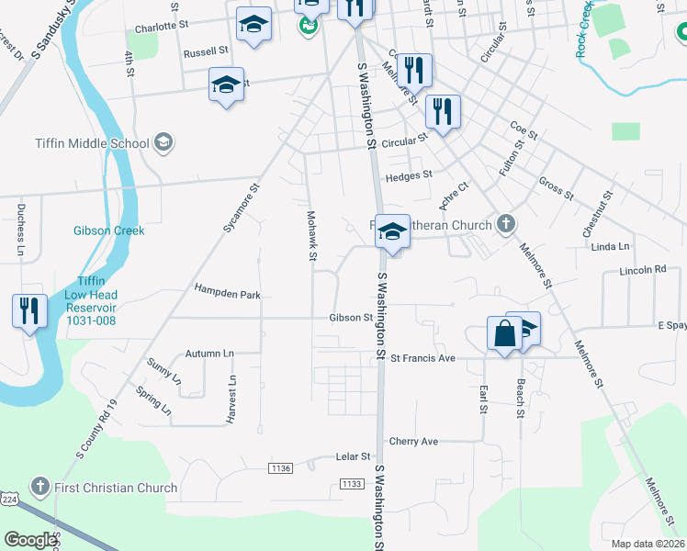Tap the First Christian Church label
click(117, 488)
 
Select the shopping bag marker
click(505, 333)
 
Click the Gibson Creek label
click(109, 231)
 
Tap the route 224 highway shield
click(9, 499)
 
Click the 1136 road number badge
click(281, 468)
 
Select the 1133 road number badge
click(351, 483)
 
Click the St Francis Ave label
click(422, 358)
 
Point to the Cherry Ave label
click(413, 442)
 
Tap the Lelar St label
click(352, 456)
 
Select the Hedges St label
click(409, 174)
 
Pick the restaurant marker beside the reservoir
click(29, 311)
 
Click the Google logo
click(30, 540)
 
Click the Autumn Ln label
click(209, 354)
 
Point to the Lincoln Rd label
click(642, 270)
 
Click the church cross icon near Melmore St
click(504, 223)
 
